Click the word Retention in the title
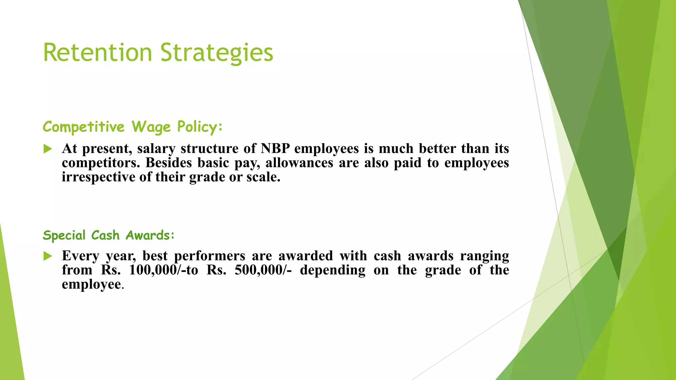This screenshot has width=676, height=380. (x=97, y=52)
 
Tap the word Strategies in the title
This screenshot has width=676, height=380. (x=217, y=52)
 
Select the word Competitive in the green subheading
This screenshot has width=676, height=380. (x=84, y=127)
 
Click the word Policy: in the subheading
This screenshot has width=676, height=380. (x=200, y=127)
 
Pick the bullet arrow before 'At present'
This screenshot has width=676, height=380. (x=48, y=149)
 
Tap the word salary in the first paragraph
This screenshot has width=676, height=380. (x=156, y=149)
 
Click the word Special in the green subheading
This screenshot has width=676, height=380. (x=64, y=236)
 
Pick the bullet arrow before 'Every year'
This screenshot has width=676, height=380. (x=48, y=256)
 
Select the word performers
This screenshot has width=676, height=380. (x=210, y=256)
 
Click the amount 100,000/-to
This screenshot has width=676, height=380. (x=163, y=270)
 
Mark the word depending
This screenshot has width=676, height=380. (x=332, y=270)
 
